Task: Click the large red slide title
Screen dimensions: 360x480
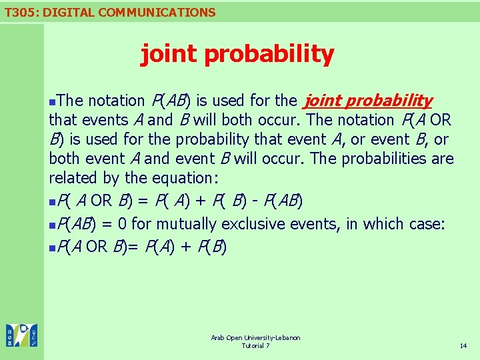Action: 237,54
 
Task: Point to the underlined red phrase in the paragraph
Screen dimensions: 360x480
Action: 368,101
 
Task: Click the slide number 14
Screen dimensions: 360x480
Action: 463,346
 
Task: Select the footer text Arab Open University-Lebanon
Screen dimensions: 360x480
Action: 255,338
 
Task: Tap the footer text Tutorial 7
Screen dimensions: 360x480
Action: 255,346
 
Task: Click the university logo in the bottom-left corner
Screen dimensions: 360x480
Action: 21,335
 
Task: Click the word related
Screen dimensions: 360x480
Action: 73,178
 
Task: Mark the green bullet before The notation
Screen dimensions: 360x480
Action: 53,101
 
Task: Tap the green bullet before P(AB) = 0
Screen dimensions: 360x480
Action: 53,225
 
